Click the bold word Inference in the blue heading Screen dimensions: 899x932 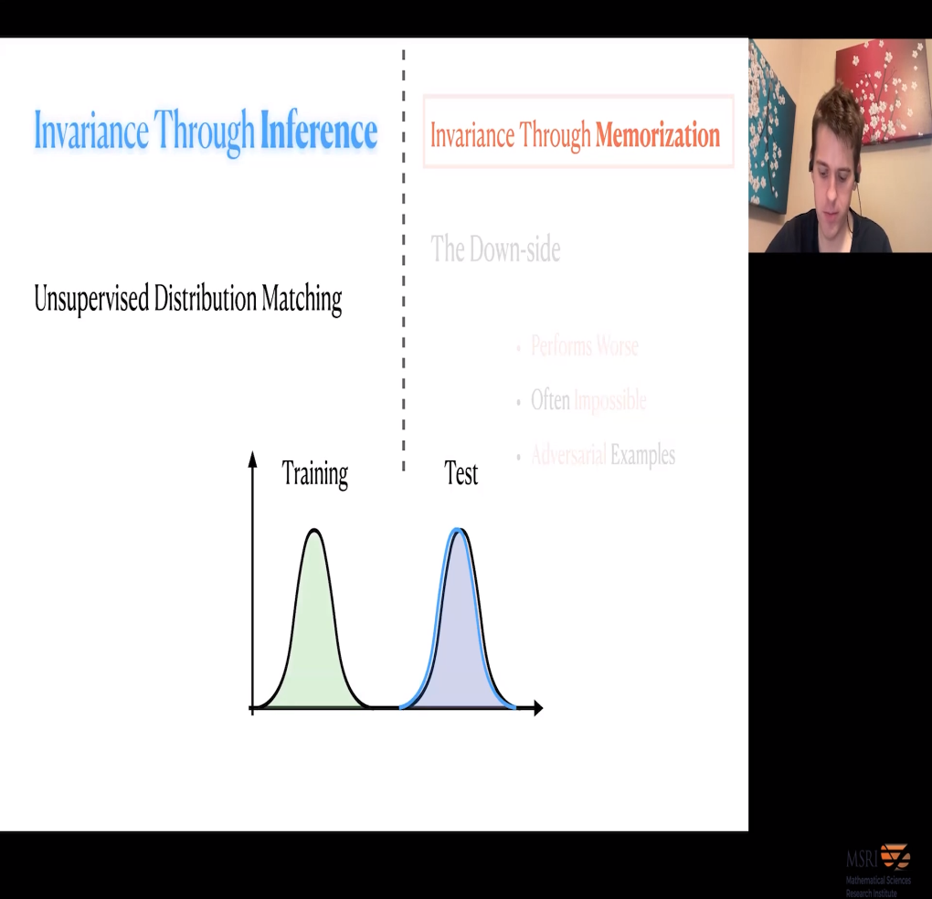[318, 132]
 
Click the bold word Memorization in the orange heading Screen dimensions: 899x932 [657, 136]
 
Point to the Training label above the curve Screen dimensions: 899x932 [314, 474]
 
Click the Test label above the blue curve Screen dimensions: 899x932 [461, 474]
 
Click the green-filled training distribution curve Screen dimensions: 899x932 [314, 640]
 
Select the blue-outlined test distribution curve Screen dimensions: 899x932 [459, 640]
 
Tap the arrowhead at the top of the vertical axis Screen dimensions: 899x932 [253, 457]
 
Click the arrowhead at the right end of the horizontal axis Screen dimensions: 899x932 [537, 707]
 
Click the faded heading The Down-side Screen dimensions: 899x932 [495, 249]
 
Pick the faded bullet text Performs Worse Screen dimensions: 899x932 [584, 346]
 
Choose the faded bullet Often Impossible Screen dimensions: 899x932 [588, 400]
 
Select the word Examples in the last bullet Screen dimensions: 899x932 [642, 455]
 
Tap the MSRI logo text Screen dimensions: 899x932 [862, 860]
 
